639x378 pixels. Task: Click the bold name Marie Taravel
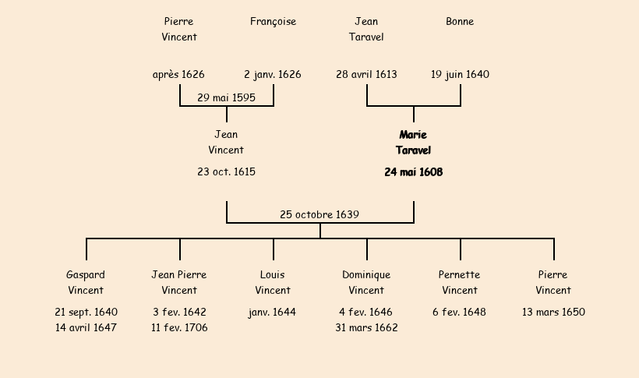pyautogui.click(x=413, y=143)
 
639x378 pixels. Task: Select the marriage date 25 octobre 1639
pyautogui.click(x=319, y=214)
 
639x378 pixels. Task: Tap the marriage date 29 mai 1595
pyautogui.click(x=226, y=97)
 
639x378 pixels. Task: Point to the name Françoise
pyautogui.click(x=273, y=22)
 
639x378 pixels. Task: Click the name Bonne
pyautogui.click(x=460, y=22)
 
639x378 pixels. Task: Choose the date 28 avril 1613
pyautogui.click(x=366, y=75)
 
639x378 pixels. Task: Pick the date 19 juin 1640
pyautogui.click(x=460, y=75)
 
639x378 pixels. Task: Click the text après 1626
pyautogui.click(x=178, y=75)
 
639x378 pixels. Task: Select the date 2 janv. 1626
pyautogui.click(x=273, y=75)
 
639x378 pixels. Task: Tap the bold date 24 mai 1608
pyautogui.click(x=413, y=172)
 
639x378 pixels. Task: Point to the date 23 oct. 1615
pyautogui.click(x=226, y=172)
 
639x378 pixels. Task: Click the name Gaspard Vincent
pyautogui.click(x=86, y=283)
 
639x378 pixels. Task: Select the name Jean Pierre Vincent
pyautogui.click(x=179, y=283)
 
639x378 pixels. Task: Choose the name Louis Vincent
pyautogui.click(x=273, y=283)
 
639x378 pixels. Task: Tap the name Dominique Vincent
pyautogui.click(x=366, y=283)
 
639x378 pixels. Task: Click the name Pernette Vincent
pyautogui.click(x=460, y=283)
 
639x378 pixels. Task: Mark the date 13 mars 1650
pyautogui.click(x=553, y=313)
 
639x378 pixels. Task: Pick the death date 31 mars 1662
pyautogui.click(x=366, y=328)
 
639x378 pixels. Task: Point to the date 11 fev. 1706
pyautogui.click(x=179, y=328)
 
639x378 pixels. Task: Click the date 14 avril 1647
pyautogui.click(x=86, y=328)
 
